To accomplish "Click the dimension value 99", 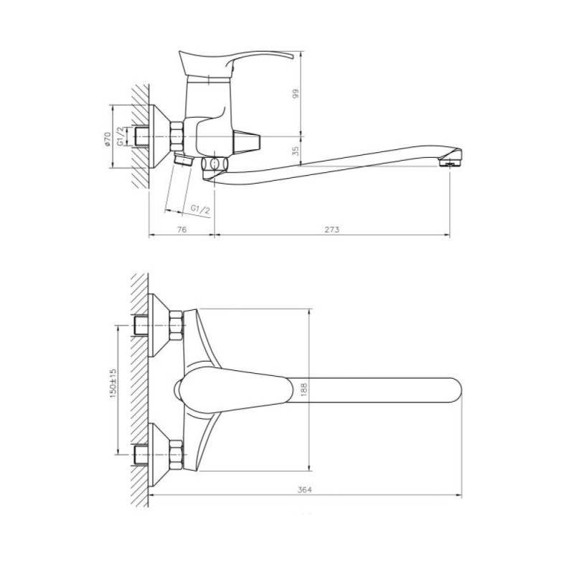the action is pos(296,93).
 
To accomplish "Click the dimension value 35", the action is pos(296,150).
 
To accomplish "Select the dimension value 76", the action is pos(182,230).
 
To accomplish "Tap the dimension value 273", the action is pos(332,230).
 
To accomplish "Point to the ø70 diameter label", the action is pos(107,139).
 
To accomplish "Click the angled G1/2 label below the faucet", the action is pos(201,210).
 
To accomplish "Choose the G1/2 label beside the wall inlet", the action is pos(120,136).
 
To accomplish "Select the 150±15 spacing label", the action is pos(113,383).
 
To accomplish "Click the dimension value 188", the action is pos(304,390).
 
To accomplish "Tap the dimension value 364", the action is pos(304,490).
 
